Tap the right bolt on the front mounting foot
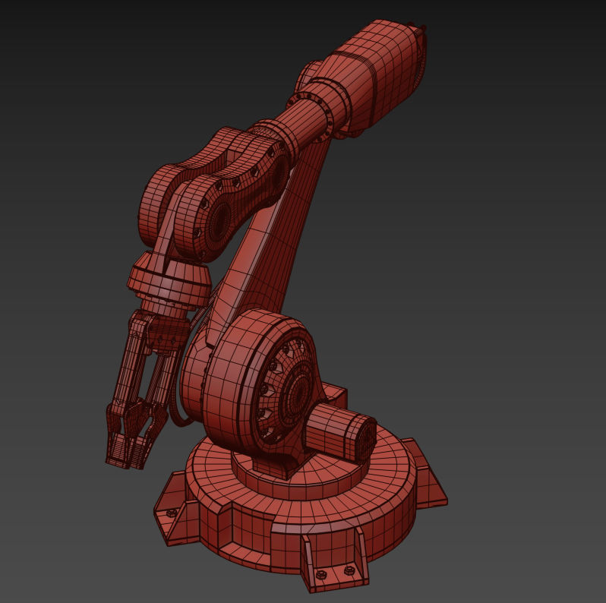click(x=349, y=570)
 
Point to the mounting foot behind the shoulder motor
click(x=335, y=396)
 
